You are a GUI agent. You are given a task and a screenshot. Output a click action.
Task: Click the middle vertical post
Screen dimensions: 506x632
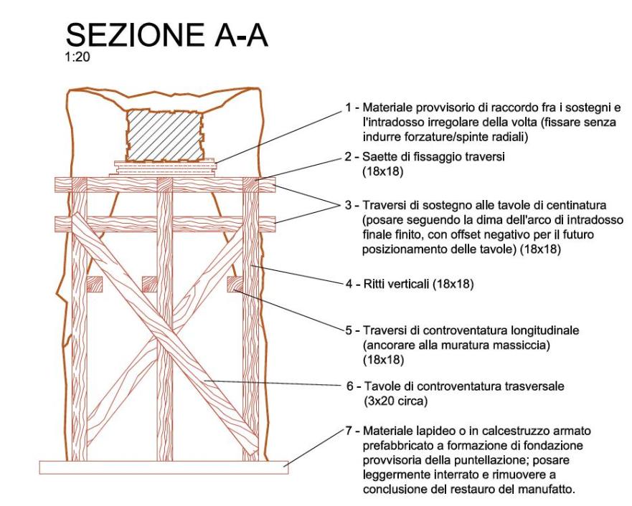pyautogui.click(x=166, y=323)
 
